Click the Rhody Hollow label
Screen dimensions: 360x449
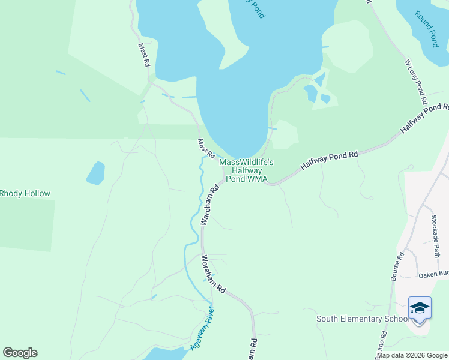25,193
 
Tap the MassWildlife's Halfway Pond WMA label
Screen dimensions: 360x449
246,170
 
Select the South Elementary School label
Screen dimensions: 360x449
363,319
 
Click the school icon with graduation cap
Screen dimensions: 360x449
420,308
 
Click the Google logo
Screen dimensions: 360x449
20,353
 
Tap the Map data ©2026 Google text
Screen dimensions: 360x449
412,355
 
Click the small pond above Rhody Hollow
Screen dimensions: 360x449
95,173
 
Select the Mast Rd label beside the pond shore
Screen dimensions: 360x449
206,149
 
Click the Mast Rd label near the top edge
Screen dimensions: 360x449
143,54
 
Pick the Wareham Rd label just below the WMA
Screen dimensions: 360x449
210,205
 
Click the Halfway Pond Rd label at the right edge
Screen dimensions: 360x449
424,118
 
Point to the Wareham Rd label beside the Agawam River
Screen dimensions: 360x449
213,274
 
